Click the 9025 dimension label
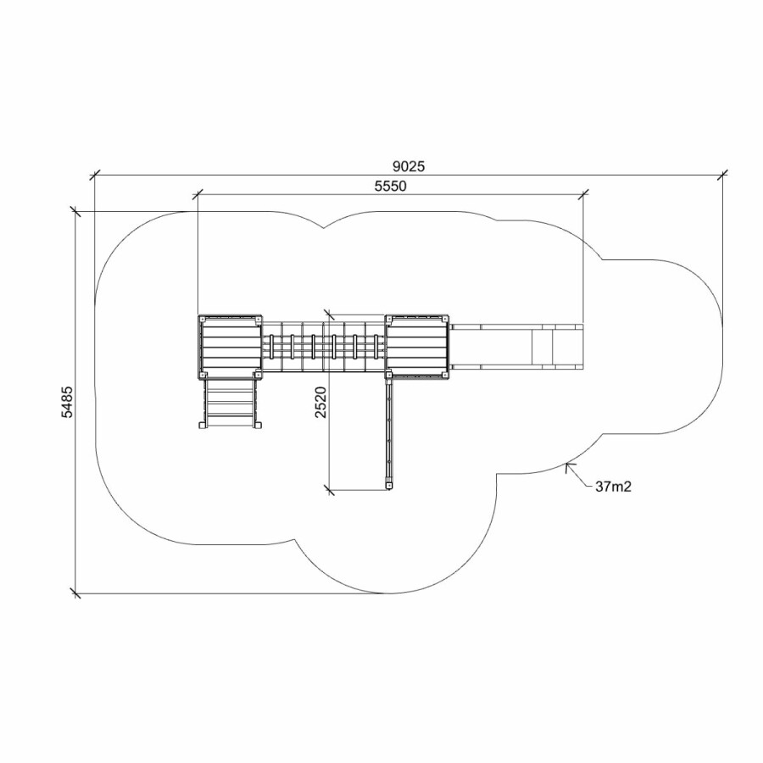click(409, 166)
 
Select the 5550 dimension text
click(390, 186)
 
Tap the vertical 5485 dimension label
click(67, 402)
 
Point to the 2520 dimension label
click(320, 402)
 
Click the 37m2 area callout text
click(613, 487)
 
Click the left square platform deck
click(230, 347)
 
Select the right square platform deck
click(417, 347)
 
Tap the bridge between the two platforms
click(324, 347)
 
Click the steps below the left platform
click(230, 403)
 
